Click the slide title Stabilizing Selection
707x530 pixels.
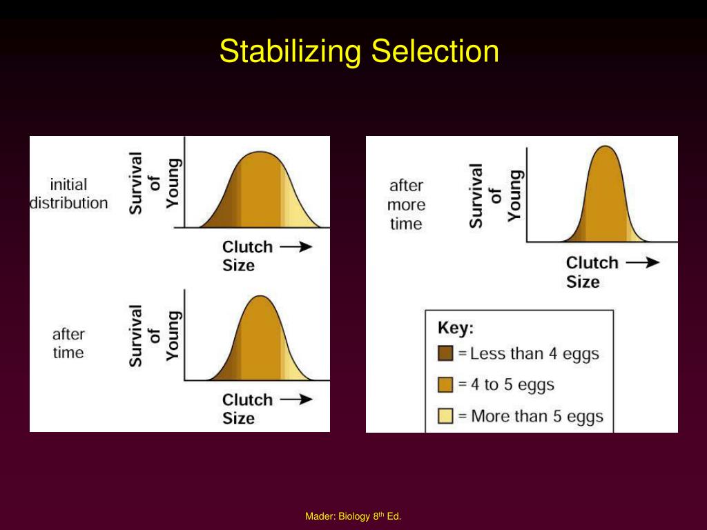359,52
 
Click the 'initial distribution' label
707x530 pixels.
68,194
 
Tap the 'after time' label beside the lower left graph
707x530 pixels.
68,344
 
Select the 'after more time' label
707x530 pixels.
406,204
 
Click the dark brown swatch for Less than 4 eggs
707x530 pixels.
445,354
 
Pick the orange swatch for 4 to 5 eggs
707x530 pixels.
445,385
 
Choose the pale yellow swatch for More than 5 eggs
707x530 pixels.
445,416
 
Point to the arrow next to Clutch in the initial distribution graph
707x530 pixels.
296,247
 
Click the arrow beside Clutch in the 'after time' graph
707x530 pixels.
296,400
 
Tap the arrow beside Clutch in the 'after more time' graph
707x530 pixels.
642,262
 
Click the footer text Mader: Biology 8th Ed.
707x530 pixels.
353,516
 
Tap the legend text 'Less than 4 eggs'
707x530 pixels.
534,354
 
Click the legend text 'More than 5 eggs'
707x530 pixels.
537,416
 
